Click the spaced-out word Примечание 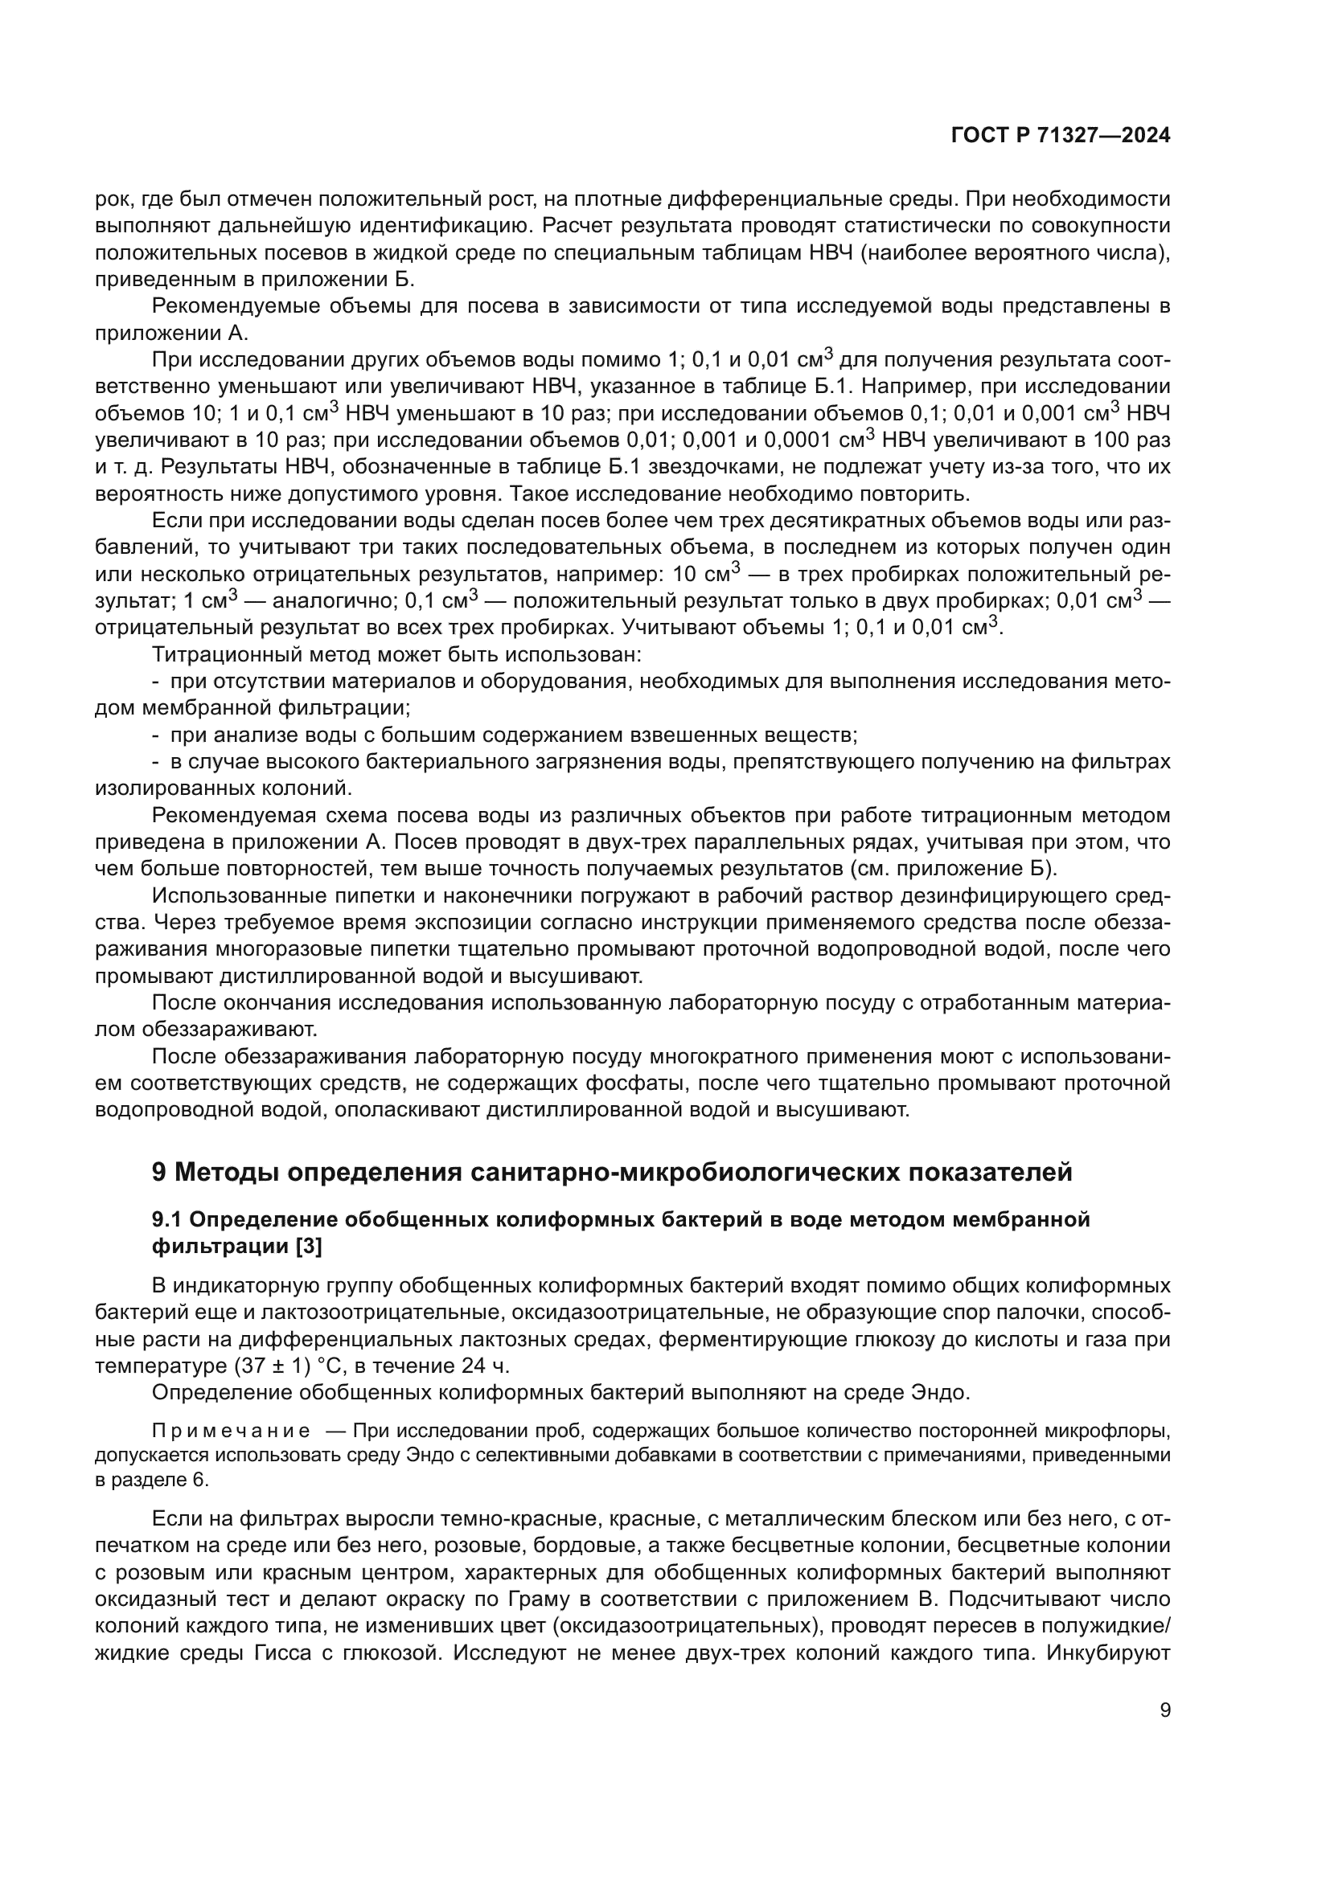click(x=231, y=1431)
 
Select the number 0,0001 click(x=799, y=440)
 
